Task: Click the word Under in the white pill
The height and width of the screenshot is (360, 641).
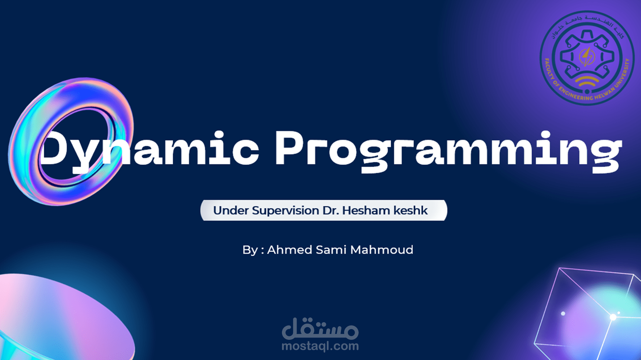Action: pos(231,210)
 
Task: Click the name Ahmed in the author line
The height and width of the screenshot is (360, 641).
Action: pos(289,250)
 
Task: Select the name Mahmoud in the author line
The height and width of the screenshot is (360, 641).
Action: pos(382,250)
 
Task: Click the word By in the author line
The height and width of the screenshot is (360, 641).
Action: pos(250,250)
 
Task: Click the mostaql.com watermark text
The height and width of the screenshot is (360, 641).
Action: pos(320,346)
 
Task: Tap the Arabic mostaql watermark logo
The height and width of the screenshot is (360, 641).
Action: pos(320,328)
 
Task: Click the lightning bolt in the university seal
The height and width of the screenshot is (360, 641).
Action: pos(587,57)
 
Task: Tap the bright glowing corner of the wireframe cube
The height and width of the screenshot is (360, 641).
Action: pos(613,317)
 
